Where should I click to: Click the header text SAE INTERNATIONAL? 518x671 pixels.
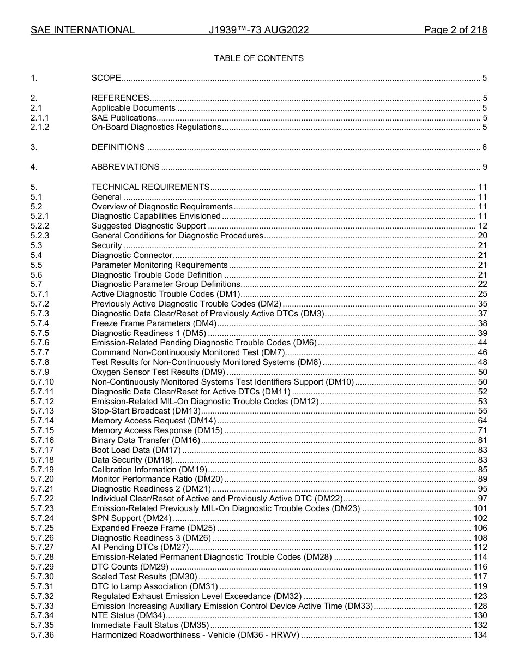[82, 30]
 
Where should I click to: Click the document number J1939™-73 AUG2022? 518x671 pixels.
[258, 30]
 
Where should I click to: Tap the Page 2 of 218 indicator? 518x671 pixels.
[455, 30]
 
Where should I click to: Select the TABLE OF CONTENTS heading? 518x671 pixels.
[258, 58]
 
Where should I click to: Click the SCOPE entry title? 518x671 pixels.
[106, 78]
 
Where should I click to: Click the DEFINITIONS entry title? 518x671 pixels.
[118, 147]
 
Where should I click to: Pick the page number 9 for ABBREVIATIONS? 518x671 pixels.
[484, 167]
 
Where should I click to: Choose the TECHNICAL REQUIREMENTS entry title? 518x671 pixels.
[150, 187]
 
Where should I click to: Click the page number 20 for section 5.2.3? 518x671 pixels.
[482, 236]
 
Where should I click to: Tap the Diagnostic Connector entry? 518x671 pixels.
[131, 255]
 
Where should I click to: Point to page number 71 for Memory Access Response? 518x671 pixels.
[482, 430]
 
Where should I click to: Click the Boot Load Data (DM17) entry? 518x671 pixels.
[136, 450]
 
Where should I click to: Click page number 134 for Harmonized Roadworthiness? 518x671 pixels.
[480, 635]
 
